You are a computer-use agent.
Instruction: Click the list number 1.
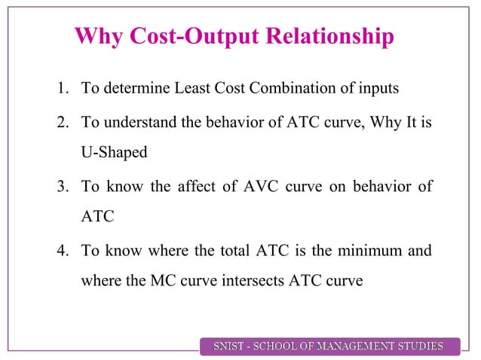click(x=61, y=90)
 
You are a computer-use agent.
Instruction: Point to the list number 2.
click(x=61, y=124)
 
